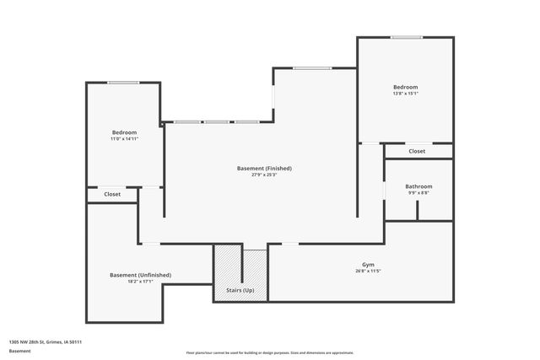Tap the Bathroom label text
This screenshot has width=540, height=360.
tap(418, 186)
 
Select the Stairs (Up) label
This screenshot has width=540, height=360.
tap(240, 290)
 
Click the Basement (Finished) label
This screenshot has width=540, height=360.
tap(264, 169)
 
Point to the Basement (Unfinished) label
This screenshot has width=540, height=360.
tap(141, 275)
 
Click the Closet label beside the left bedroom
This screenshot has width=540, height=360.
tap(112, 194)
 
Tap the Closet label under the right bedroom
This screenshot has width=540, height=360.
tap(417, 152)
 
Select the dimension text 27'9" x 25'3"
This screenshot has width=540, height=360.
tap(264, 175)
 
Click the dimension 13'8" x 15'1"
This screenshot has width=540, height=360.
tap(405, 94)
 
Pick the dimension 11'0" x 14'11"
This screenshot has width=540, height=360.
tap(124, 139)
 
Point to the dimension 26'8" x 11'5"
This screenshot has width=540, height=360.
tap(369, 271)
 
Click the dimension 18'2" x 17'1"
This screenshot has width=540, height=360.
tap(141, 282)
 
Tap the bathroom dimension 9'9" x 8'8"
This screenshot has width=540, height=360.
tap(418, 193)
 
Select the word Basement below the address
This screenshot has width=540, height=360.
tap(19, 350)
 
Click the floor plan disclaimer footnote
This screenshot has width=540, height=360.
tap(270, 353)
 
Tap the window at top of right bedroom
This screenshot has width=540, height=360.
tap(406, 37)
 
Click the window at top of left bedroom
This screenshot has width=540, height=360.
tap(123, 82)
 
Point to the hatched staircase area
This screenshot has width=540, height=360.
tap(228, 270)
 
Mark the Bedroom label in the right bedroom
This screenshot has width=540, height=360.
tap(405, 87)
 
